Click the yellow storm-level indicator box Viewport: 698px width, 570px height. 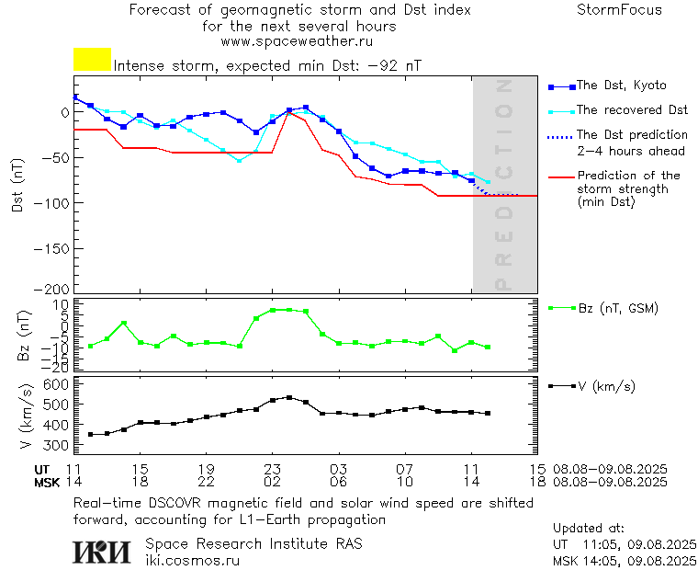92,60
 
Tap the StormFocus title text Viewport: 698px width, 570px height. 619,10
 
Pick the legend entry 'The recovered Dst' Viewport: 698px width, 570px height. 632,110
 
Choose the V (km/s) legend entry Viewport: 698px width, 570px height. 605,385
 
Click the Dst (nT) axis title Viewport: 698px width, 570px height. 17,185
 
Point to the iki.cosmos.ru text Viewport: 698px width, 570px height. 192,559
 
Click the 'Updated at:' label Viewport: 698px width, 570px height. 588,529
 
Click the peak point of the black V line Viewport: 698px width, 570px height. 289,397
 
